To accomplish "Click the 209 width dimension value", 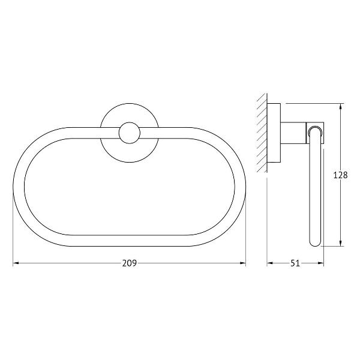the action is [x=129, y=263].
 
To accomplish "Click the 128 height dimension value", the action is [x=340, y=175].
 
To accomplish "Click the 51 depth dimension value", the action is [x=295, y=263].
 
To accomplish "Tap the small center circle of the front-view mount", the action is [x=130, y=133].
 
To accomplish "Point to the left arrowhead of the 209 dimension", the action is [x=16, y=263].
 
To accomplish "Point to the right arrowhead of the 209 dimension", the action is [x=243, y=263].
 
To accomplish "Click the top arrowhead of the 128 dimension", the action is [x=340, y=107].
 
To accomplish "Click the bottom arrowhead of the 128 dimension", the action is [x=340, y=243].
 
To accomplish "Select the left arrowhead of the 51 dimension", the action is [x=270, y=263].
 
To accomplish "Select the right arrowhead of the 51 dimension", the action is [x=321, y=263].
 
